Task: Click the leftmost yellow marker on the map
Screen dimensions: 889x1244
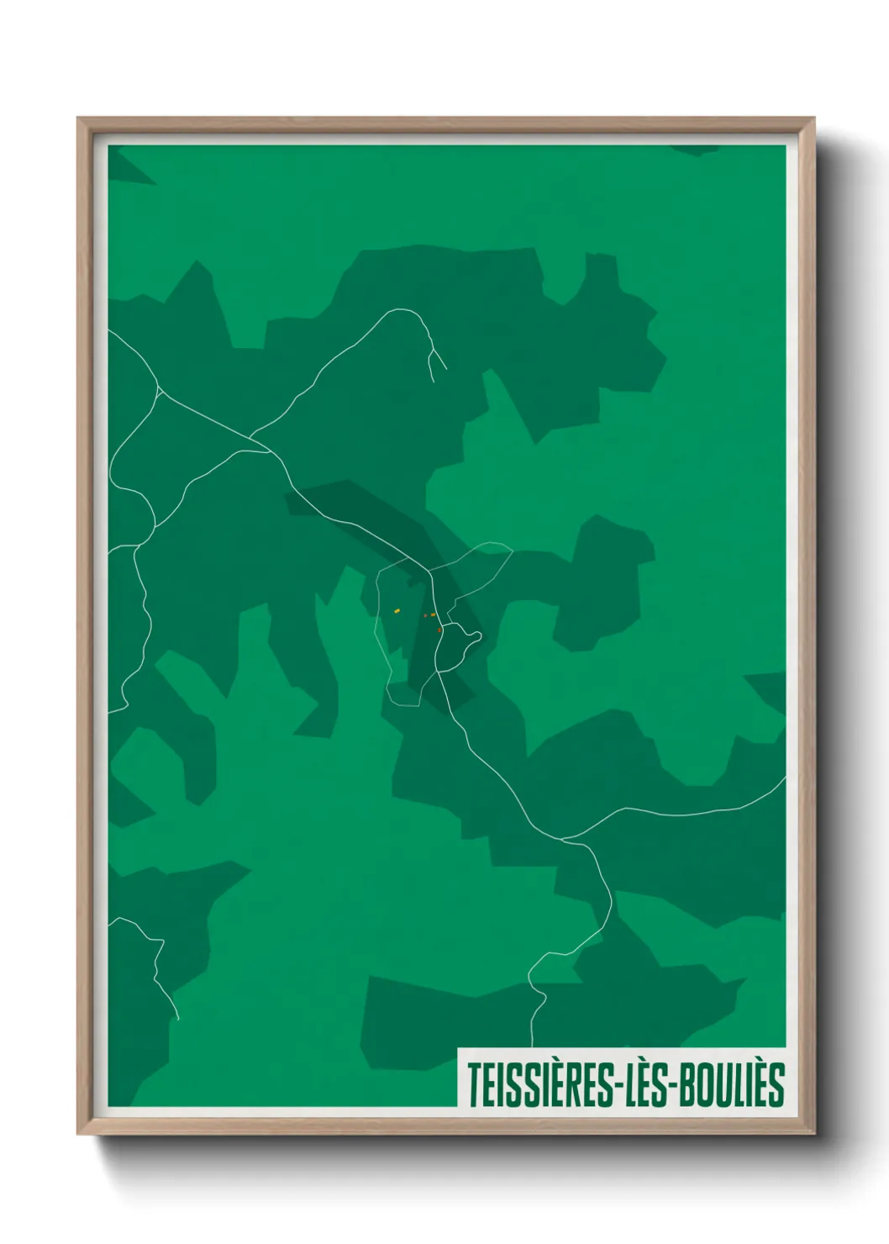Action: (x=397, y=610)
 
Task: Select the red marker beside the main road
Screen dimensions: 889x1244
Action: (x=439, y=630)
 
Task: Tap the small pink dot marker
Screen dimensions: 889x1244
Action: (x=425, y=615)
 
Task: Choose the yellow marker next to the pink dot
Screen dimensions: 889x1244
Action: (x=433, y=615)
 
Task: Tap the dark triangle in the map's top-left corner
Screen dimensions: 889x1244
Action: (x=126, y=168)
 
